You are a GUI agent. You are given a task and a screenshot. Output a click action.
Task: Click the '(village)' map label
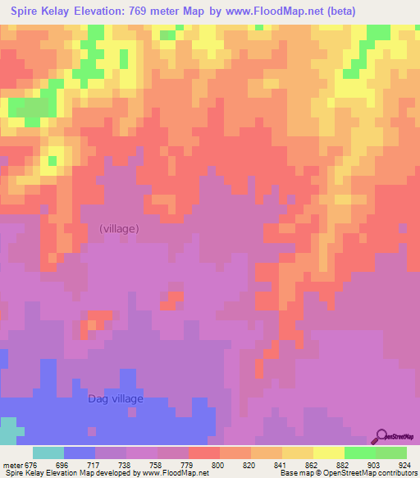click(x=119, y=228)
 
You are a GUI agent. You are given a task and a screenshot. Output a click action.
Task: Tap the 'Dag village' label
click(x=116, y=399)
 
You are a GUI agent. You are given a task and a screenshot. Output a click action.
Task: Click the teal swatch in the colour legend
click(x=48, y=453)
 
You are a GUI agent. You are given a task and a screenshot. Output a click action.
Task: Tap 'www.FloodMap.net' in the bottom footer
click(x=174, y=473)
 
